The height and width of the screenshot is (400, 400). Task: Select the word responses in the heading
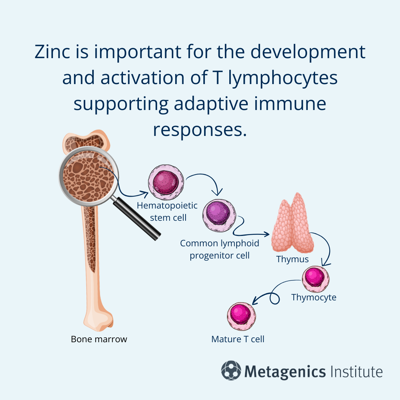click(200, 130)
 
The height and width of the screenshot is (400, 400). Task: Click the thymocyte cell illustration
click(316, 278)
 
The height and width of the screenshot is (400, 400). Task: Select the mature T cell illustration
click(241, 316)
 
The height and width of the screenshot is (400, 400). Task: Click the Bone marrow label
click(99, 339)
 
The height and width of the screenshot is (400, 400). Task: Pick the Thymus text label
click(293, 259)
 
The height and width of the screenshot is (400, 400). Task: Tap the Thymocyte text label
click(314, 297)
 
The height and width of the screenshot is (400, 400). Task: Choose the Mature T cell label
click(238, 339)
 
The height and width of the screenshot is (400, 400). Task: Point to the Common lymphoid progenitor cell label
click(220, 249)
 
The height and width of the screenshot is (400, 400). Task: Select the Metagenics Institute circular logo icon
click(231, 371)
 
